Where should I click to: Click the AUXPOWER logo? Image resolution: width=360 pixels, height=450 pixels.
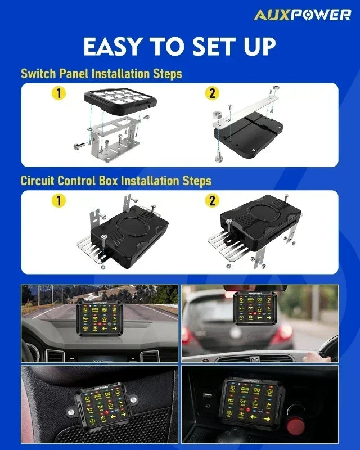[x=302, y=15]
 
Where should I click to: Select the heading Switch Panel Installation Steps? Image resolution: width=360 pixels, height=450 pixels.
[x=101, y=74]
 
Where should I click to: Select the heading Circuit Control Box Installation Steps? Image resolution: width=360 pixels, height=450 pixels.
[x=116, y=181]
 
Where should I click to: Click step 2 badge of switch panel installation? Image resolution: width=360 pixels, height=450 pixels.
[x=213, y=93]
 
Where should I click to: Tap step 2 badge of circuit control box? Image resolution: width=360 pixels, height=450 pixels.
[x=213, y=200]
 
